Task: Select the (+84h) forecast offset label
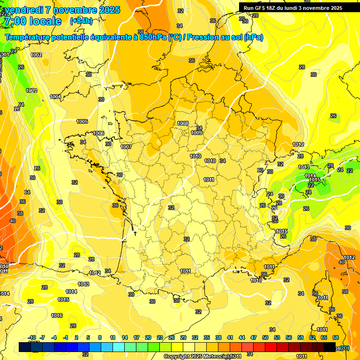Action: (81, 21)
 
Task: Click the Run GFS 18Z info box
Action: (292, 8)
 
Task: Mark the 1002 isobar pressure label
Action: (36, 55)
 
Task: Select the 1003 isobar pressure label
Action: (31, 90)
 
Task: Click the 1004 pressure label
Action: (55, 97)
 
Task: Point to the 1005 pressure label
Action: (82, 121)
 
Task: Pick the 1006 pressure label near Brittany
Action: (98, 133)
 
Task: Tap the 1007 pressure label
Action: (126, 147)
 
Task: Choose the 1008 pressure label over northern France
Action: (183, 123)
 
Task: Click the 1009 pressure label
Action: (196, 133)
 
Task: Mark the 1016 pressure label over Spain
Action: (57, 315)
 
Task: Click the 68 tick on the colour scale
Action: (336, 337)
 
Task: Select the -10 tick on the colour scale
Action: (32, 337)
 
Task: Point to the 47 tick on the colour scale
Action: (254, 337)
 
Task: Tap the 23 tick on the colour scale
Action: (160, 337)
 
